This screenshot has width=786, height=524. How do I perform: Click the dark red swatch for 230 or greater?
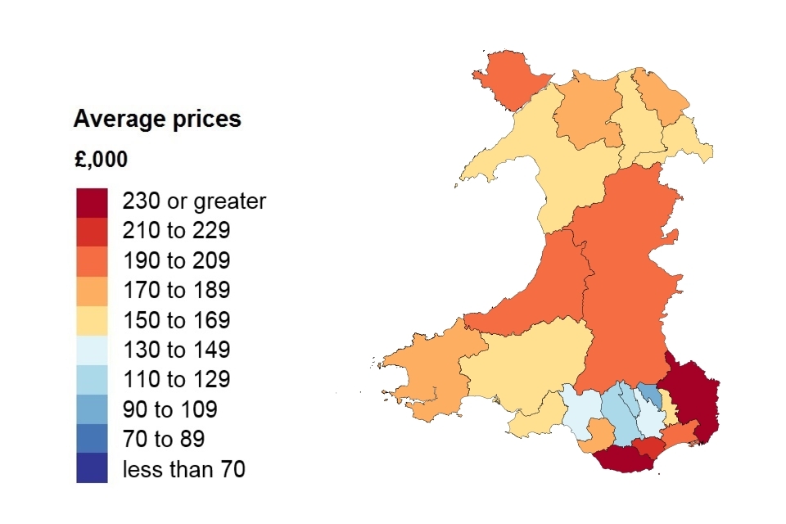tap(92, 202)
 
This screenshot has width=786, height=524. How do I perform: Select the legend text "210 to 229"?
tap(176, 232)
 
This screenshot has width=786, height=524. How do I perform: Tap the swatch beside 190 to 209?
tap(92, 261)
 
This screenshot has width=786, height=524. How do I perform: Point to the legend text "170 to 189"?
tap(176, 291)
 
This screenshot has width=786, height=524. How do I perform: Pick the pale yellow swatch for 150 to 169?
tap(92, 320)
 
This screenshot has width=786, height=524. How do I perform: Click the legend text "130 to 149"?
tap(176, 350)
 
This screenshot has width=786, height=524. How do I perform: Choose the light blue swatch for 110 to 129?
tap(92, 379)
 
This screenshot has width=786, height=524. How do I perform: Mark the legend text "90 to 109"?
tap(169, 409)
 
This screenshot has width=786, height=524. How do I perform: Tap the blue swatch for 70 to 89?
tap(92, 438)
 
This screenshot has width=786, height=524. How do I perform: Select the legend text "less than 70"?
tap(183, 468)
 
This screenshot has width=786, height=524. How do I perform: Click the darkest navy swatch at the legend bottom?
tap(92, 468)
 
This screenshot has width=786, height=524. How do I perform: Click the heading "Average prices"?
tap(157, 120)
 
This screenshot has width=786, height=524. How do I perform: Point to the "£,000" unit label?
tap(101, 160)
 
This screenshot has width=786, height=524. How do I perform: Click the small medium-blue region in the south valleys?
tap(649, 395)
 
